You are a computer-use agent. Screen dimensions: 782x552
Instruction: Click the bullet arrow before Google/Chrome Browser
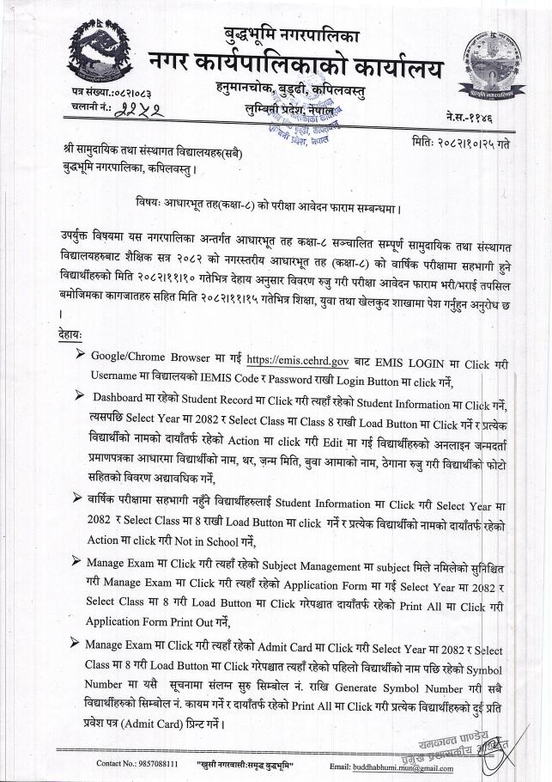(x=80, y=355)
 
